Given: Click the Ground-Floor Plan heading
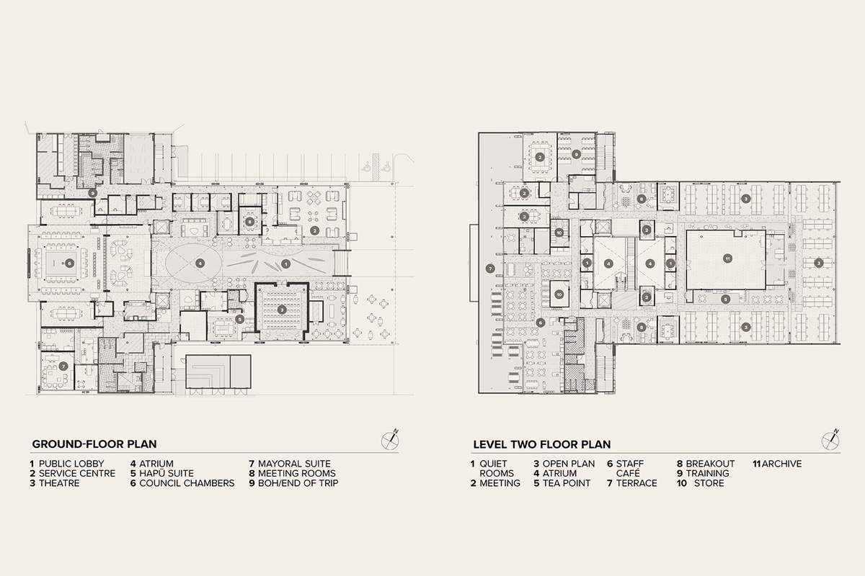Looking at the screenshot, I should pos(94,444).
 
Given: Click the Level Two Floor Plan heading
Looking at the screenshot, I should pos(541,444).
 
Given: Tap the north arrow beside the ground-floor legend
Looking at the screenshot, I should pos(392,439).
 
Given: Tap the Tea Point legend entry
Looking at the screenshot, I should pos(562,483).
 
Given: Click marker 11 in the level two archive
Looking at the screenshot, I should pos(728,258).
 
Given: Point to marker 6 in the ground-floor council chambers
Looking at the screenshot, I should pos(69,264).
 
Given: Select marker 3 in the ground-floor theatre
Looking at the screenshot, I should pos(282,309).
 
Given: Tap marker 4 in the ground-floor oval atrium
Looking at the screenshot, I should pos(200,263).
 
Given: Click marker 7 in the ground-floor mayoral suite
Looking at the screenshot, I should pos(64,366).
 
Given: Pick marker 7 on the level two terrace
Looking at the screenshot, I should pos(490,269).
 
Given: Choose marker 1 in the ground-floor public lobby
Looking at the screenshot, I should pos(286,264).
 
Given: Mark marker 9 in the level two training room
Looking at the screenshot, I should pos(576,154).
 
